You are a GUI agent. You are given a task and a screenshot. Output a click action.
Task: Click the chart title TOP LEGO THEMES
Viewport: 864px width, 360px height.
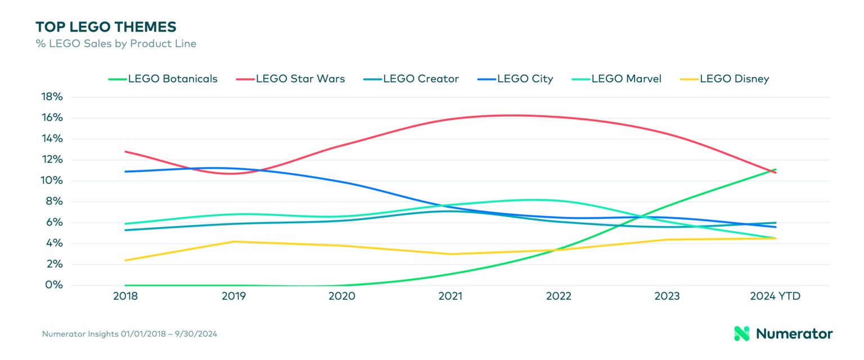point(106,26)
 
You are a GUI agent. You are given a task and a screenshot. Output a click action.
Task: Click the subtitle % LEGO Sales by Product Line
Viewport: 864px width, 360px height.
point(116,43)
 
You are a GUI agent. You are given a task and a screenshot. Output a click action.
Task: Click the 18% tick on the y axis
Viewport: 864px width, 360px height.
point(52,97)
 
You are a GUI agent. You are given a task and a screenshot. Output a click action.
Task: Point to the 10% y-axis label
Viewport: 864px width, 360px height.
point(52,181)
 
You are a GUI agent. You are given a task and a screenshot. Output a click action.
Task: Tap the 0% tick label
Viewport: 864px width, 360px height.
point(55,285)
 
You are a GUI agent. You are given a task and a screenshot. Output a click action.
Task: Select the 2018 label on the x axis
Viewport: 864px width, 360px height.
point(125,296)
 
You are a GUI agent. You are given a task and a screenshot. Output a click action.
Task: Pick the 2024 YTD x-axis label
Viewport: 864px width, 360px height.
point(776,296)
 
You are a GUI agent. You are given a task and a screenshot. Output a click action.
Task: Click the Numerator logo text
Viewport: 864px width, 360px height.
point(794,334)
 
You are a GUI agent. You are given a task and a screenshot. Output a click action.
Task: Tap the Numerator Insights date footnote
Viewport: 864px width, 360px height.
point(129,334)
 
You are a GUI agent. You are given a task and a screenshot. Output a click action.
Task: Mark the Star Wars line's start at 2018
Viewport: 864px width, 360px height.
point(125,151)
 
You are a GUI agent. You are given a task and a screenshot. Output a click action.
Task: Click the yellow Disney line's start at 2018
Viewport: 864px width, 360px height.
point(125,260)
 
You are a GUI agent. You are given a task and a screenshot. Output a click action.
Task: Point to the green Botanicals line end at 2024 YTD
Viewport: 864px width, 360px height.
point(776,169)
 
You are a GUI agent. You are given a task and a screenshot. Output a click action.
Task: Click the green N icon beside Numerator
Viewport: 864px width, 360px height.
point(742,334)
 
